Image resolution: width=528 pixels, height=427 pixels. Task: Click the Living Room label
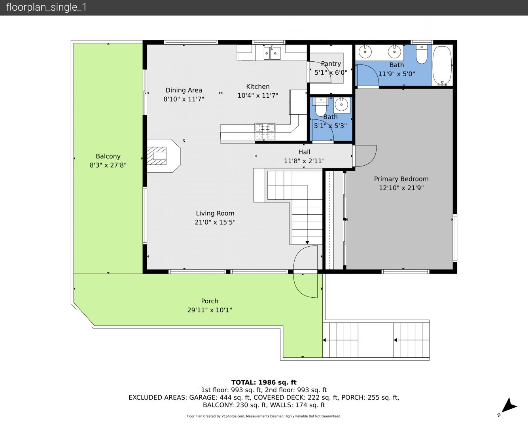click(x=215, y=213)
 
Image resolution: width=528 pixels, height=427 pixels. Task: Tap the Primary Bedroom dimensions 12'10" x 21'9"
click(x=401, y=188)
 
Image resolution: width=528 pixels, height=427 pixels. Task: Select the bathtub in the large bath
click(x=442, y=66)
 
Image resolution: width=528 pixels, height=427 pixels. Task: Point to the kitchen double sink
click(x=272, y=53)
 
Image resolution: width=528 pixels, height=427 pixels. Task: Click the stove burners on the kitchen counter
click(x=265, y=132)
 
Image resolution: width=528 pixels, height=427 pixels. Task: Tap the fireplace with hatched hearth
click(x=164, y=156)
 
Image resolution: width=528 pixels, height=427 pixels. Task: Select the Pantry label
click(x=331, y=64)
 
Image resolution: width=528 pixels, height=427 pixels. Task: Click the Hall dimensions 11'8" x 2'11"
click(x=304, y=161)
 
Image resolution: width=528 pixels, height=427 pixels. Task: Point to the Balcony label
click(x=108, y=156)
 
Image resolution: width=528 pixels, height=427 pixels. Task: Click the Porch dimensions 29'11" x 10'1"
click(x=210, y=310)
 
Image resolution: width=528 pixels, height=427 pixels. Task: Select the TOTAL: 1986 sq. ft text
click(x=264, y=382)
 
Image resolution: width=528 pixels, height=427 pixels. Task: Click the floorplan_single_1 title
click(x=46, y=7)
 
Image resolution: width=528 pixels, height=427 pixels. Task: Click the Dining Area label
click(x=184, y=90)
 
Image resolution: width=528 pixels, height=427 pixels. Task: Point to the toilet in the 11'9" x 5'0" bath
click(x=421, y=54)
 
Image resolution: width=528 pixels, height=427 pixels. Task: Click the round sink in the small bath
click(x=342, y=105)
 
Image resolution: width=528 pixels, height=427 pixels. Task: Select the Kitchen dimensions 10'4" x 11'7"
click(x=258, y=95)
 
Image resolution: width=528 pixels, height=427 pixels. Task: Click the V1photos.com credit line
click(x=264, y=416)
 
